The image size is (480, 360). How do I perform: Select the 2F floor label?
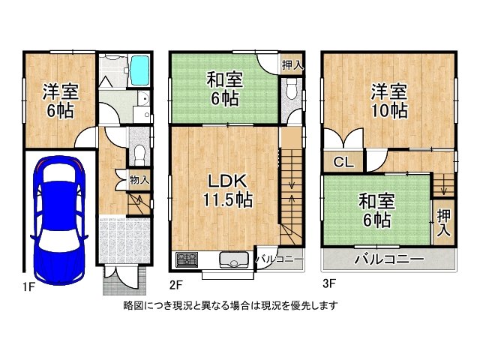point(176,285)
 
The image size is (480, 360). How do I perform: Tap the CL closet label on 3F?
point(343,161)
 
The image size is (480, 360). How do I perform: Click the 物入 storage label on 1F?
point(139,180)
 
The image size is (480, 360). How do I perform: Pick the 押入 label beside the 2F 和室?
point(292,65)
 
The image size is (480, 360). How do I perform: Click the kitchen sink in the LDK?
point(234,261)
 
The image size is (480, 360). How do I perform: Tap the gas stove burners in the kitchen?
point(186,261)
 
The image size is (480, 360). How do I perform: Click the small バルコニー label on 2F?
point(280,259)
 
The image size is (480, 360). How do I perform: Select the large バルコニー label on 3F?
point(388,259)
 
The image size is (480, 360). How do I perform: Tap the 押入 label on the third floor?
point(443,222)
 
